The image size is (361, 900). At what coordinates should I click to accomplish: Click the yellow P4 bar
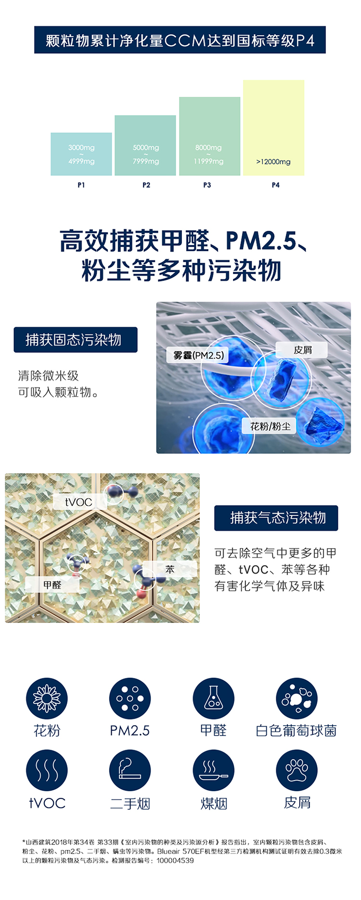pyautogui.click(x=273, y=127)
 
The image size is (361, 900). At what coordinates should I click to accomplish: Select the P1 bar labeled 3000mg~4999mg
pyautogui.click(x=81, y=154)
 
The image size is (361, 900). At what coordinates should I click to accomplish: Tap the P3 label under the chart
pyautogui.click(x=207, y=185)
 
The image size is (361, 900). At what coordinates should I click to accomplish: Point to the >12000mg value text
pyautogui.click(x=273, y=162)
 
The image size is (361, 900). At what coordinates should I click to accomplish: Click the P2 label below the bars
pyautogui.click(x=146, y=185)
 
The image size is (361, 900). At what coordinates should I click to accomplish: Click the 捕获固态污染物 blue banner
pyautogui.click(x=76, y=340)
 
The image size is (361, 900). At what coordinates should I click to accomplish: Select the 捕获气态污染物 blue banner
pyautogui.click(x=276, y=518)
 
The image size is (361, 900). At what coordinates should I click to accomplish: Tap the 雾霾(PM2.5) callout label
pyautogui.click(x=199, y=356)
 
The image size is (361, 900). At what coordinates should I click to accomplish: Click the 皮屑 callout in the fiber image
pyautogui.click(x=302, y=350)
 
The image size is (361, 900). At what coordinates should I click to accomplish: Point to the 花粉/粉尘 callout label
pyautogui.click(x=270, y=426)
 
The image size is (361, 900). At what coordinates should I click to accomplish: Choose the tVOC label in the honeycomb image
pyautogui.click(x=78, y=502)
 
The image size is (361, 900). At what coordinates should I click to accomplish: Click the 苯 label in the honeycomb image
pyautogui.click(x=170, y=569)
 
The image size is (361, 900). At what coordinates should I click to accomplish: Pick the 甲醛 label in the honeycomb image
pyautogui.click(x=52, y=585)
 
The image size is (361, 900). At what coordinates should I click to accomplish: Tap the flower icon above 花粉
pyautogui.click(x=47, y=699)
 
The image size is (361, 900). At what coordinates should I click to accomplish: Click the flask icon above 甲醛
pyautogui.click(x=213, y=699)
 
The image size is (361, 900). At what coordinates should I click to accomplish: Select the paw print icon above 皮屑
pyautogui.click(x=297, y=770)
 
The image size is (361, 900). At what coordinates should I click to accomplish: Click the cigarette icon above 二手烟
pyautogui.click(x=130, y=770)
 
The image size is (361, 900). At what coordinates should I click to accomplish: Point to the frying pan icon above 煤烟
pyautogui.click(x=213, y=770)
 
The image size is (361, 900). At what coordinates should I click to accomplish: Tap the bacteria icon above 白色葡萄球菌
pyautogui.click(x=297, y=699)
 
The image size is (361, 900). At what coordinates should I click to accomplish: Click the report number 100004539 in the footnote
pyautogui.click(x=175, y=860)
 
